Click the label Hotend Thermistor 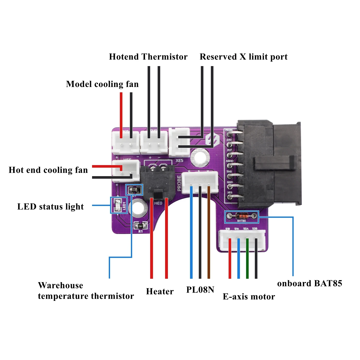tap(148, 57)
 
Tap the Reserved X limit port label tap(244, 57)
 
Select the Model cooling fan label tap(102, 84)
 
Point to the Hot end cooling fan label tap(48, 170)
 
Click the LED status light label tap(50, 207)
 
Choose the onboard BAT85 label tap(309, 283)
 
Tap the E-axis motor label tap(249, 297)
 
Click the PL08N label tap(200, 290)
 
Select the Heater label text tap(160, 292)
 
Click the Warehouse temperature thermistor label tap(86, 291)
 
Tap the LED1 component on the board tap(119, 205)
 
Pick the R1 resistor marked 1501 tap(140, 226)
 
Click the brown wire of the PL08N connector tap(209, 231)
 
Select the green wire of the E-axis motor tap(247, 257)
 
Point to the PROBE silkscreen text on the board tap(179, 183)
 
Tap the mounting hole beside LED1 tap(138, 207)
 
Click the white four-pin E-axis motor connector tap(242, 240)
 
